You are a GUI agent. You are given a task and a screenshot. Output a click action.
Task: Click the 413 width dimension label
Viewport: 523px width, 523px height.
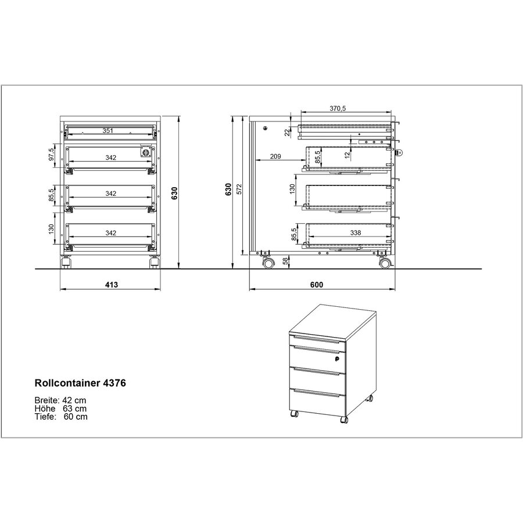tap(112, 285)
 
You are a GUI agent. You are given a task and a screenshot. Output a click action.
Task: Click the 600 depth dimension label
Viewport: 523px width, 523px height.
tap(316, 285)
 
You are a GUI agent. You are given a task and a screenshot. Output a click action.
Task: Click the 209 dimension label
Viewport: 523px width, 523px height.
tap(275, 156)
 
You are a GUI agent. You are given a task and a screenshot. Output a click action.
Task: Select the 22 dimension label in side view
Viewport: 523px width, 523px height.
tap(287, 132)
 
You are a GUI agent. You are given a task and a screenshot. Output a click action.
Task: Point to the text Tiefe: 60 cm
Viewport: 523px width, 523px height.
tap(61, 417)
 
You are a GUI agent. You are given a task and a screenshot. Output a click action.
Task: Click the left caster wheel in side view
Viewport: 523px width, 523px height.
tap(267, 264)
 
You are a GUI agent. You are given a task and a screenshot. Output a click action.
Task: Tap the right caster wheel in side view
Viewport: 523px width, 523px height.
tap(385, 264)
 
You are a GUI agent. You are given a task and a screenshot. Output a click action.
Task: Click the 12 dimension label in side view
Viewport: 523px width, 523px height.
tap(347, 154)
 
